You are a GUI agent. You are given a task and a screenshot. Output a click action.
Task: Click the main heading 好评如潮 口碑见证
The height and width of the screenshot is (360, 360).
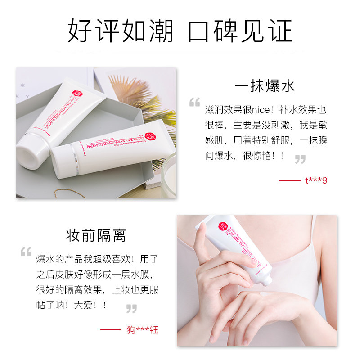click(180, 31)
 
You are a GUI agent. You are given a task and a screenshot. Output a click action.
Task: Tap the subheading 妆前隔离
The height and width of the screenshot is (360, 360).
click(96, 235)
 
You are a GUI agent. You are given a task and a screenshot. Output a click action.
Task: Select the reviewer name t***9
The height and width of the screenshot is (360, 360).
click(316, 180)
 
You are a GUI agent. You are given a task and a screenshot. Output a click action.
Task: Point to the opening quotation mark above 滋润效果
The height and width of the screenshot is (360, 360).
click(194, 103)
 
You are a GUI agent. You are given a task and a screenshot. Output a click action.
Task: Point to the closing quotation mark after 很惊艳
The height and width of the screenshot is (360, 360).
click(300, 159)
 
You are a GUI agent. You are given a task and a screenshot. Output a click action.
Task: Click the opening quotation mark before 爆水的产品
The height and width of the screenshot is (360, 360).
click(26, 252)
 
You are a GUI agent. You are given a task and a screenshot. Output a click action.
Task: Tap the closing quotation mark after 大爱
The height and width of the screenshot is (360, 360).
click(131, 309)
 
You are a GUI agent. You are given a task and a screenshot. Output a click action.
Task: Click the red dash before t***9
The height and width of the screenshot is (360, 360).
click(289, 180)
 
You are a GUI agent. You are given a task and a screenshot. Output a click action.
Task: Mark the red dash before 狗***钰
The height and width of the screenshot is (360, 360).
click(110, 330)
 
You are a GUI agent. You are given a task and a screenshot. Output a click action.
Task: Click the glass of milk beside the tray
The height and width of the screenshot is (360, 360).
click(170, 173)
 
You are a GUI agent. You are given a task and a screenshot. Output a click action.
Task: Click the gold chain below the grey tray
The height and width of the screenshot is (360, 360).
click(70, 193)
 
